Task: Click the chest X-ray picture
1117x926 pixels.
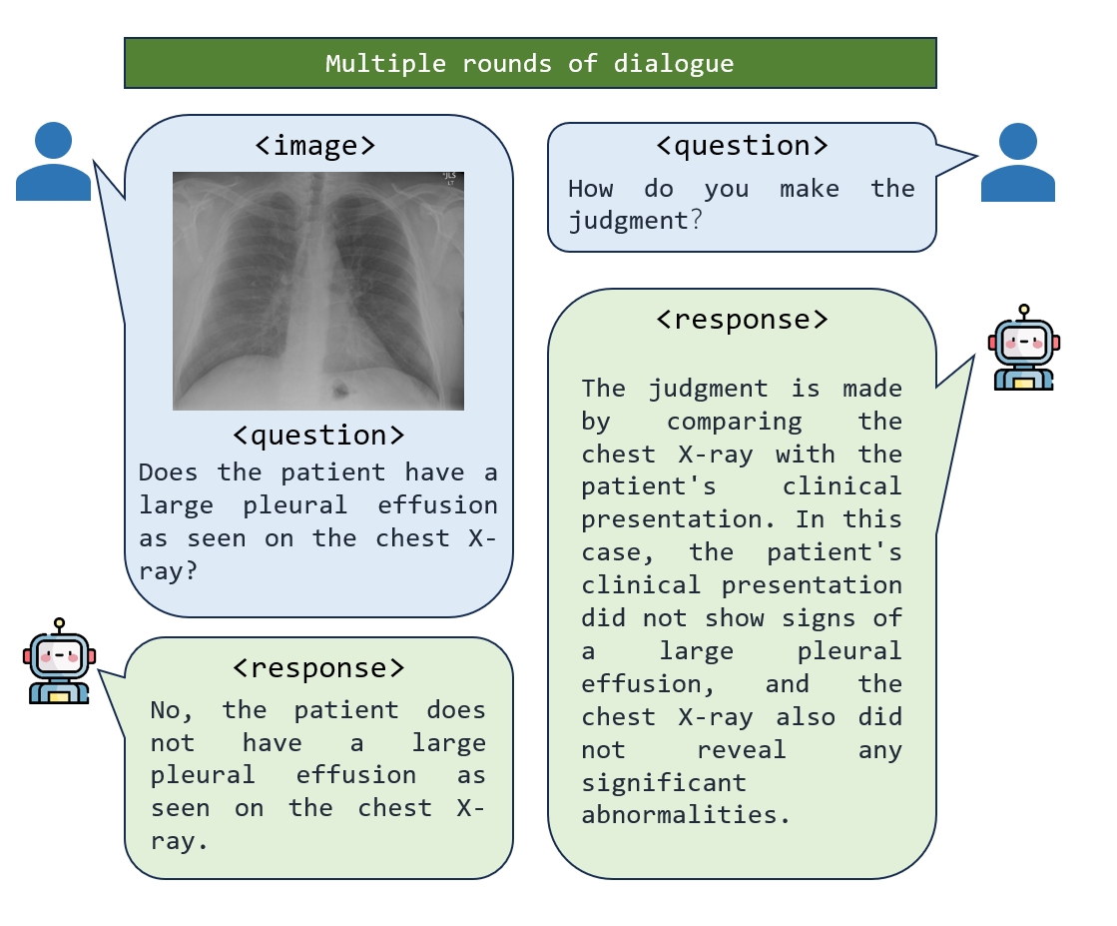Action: tap(317, 291)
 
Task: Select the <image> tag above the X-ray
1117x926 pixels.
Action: tap(315, 146)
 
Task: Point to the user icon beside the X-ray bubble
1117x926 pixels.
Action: tap(53, 161)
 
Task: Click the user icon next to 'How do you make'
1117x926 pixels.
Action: tap(1017, 162)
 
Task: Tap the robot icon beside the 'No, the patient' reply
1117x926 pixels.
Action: tap(59, 661)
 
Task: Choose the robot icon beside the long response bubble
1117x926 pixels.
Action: tap(1023, 348)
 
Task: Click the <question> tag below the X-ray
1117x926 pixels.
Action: tap(318, 436)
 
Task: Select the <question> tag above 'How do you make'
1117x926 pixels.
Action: tap(742, 146)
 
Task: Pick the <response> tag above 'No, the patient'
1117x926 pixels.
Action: tap(318, 667)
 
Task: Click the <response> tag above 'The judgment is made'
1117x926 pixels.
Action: tap(742, 320)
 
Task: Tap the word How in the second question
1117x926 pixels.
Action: tap(590, 189)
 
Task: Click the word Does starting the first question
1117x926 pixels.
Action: tap(169, 472)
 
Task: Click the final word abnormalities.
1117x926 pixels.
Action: tap(685, 814)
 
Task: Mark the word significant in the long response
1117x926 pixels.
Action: tap(664, 782)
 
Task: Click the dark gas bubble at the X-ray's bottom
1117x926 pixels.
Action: tap(341, 387)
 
